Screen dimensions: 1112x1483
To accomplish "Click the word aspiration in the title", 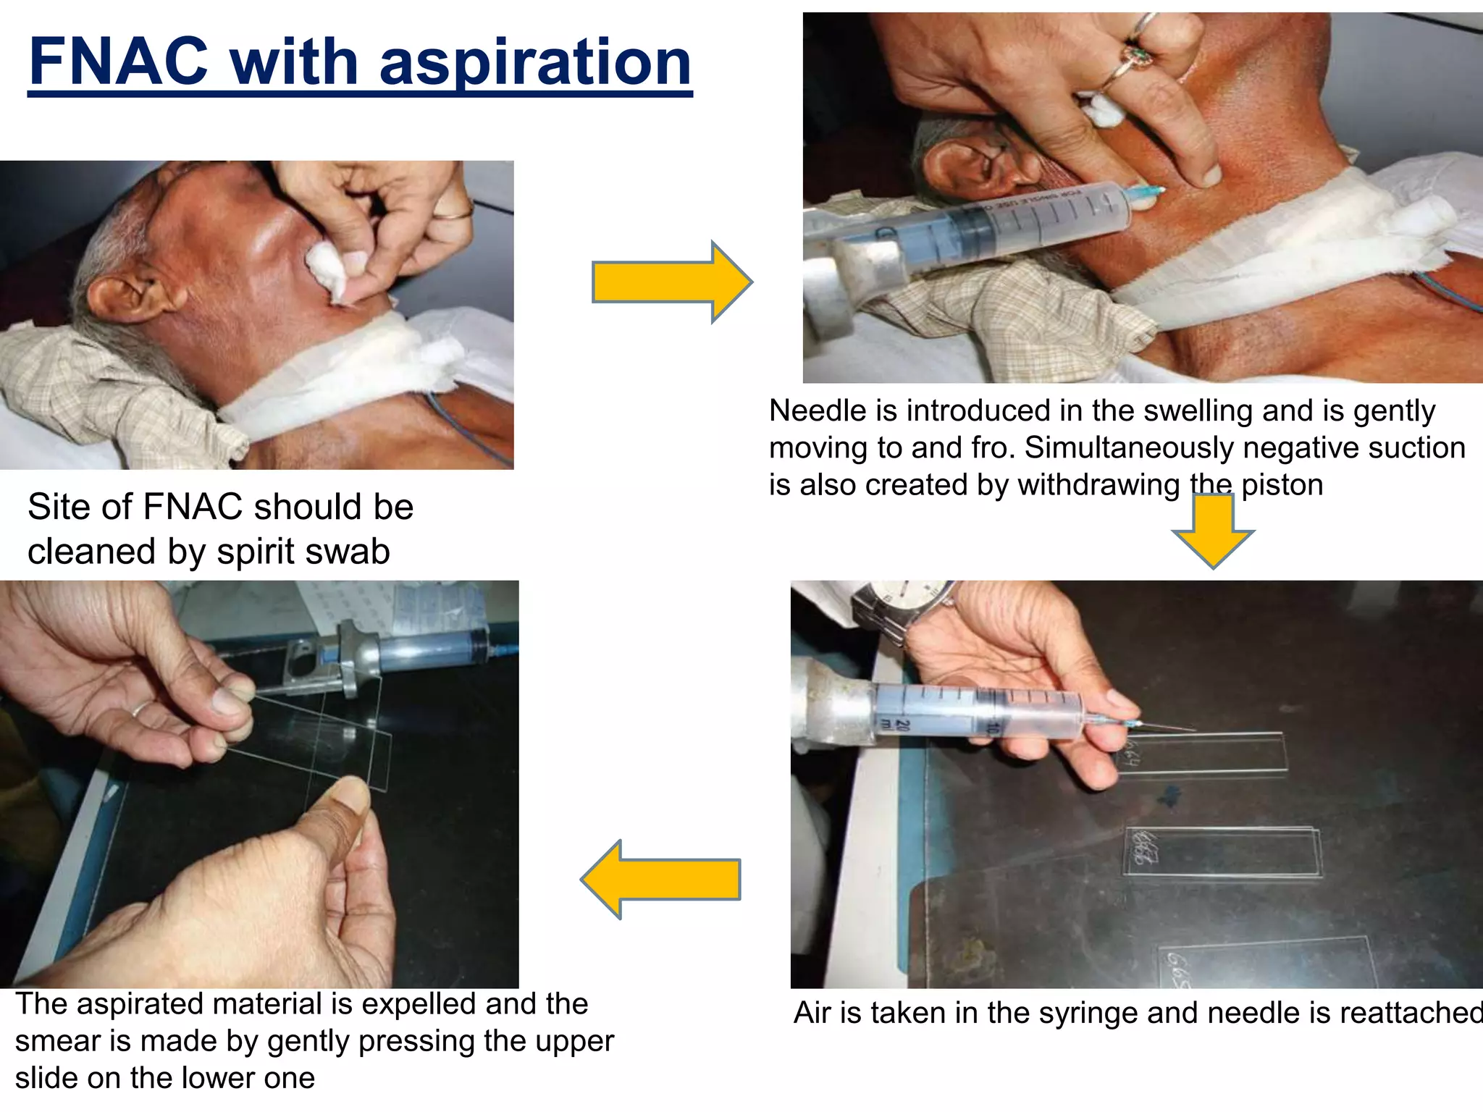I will click(x=535, y=64).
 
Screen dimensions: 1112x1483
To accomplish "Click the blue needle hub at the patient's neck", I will click(x=1147, y=193).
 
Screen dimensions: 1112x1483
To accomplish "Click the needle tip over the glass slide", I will click(x=1188, y=729).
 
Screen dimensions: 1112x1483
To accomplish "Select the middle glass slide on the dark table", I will click(x=1222, y=852).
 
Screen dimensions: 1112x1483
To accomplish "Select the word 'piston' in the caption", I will click(x=1282, y=485).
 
